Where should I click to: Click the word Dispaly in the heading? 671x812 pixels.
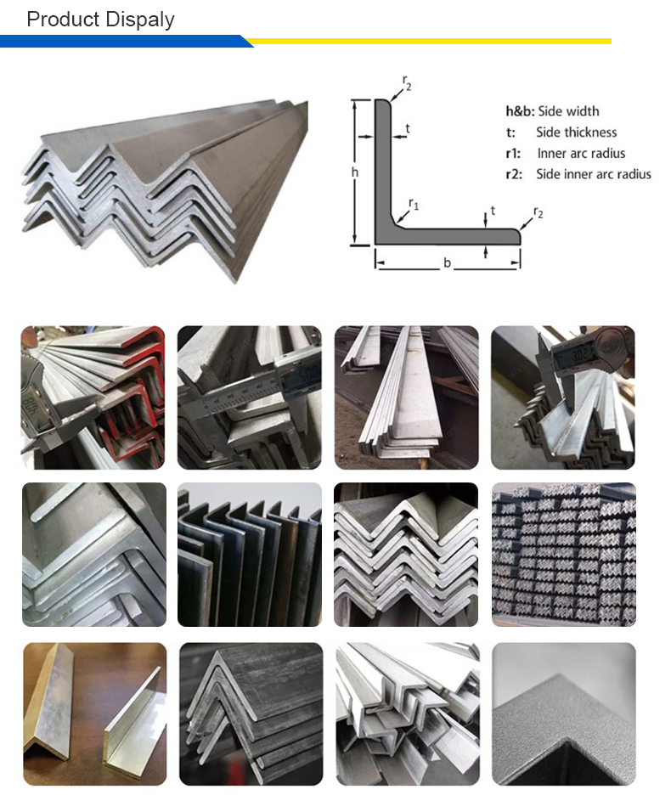coord(141,20)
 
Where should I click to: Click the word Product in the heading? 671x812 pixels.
coord(63,20)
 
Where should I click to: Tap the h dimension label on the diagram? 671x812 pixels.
coord(355,172)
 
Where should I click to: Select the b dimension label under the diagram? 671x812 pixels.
coord(447,263)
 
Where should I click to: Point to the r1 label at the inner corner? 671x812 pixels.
coord(414,204)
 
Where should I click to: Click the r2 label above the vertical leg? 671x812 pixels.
coord(407,83)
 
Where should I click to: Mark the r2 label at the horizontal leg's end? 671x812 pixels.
coord(538,212)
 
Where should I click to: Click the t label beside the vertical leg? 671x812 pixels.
coord(408,128)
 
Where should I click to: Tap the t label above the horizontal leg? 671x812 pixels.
coord(493,211)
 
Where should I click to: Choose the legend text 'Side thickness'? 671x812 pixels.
coord(576,133)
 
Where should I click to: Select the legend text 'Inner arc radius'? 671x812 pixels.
coord(581,153)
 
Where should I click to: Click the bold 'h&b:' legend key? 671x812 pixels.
coord(520,111)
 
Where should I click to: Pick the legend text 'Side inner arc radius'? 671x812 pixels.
coord(594,174)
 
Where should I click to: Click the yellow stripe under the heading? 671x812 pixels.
coord(430,41)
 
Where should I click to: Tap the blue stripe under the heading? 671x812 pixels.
coord(124,41)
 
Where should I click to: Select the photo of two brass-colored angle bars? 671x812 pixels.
coord(95,713)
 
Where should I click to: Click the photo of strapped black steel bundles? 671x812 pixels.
coord(563,554)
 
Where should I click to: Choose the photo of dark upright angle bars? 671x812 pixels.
coord(250,554)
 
